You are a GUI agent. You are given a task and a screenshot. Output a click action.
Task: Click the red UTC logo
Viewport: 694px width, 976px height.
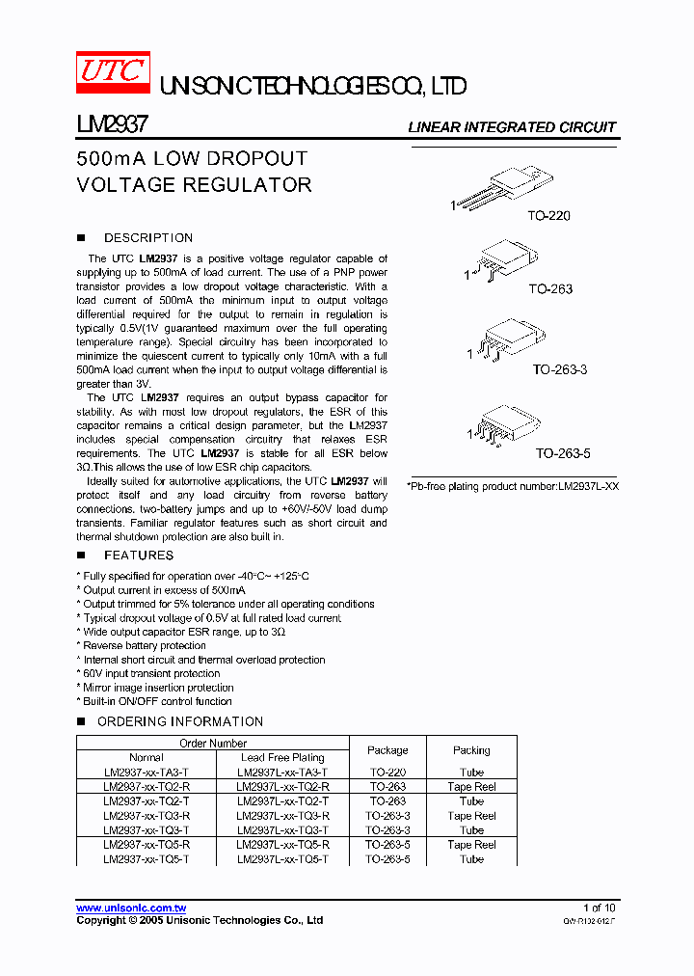[x=113, y=72]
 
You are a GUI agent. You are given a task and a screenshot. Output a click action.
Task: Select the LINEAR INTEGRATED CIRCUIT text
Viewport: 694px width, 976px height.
[x=512, y=127]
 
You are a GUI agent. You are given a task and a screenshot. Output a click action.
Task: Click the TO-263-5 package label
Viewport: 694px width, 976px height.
[x=564, y=451]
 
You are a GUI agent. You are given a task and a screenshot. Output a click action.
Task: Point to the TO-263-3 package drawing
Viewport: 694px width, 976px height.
[x=504, y=341]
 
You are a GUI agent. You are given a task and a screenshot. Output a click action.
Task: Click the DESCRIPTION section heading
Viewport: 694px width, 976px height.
[x=147, y=238]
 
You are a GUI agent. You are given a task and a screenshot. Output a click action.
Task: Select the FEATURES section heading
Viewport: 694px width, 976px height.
[x=139, y=556]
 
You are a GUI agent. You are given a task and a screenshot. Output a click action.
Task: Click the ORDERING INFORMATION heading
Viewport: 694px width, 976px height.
[x=180, y=721]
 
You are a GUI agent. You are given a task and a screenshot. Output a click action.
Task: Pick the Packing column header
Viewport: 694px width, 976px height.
[x=471, y=750]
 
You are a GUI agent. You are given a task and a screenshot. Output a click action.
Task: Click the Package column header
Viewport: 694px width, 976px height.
[x=387, y=750]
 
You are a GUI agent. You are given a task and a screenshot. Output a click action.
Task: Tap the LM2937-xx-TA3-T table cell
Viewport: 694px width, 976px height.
[x=147, y=773]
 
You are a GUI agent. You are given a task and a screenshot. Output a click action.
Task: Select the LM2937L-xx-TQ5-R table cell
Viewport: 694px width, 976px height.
[x=281, y=845]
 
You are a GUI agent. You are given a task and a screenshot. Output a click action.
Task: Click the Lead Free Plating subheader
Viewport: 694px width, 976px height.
[x=281, y=758]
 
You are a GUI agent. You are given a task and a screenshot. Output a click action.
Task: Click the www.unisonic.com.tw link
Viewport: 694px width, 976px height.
[x=131, y=908]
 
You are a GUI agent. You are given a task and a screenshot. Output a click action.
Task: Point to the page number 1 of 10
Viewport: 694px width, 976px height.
[x=599, y=908]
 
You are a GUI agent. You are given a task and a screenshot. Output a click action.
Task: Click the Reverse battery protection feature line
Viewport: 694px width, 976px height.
[x=144, y=646]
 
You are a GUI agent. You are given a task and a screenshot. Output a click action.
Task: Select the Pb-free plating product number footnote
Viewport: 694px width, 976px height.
[x=513, y=487]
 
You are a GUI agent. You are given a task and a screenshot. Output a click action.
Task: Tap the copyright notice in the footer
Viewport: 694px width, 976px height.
[x=200, y=921]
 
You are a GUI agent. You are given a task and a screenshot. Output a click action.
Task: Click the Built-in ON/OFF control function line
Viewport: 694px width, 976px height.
[x=156, y=702]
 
